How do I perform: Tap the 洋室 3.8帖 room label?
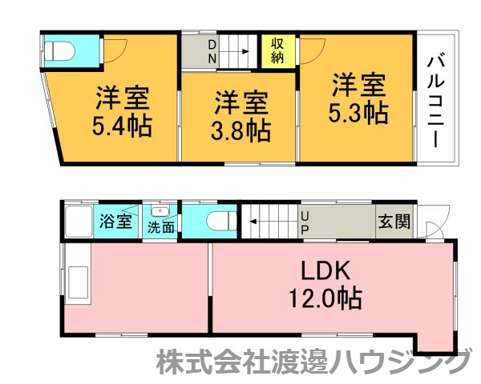point(240,116)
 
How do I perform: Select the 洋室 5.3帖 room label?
point(358,98)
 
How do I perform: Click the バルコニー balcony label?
point(436,98)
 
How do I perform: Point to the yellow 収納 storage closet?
point(278,50)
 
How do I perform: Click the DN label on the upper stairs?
point(212,50)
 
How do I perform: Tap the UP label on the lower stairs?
point(305,222)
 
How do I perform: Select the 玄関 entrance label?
point(393,221)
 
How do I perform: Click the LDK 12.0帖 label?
point(324,285)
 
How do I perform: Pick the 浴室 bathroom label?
point(116,222)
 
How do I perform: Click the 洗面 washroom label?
point(160,226)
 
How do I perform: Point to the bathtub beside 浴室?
point(78,220)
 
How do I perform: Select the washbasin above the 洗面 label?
point(160,211)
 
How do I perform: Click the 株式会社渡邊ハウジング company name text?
point(312,363)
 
